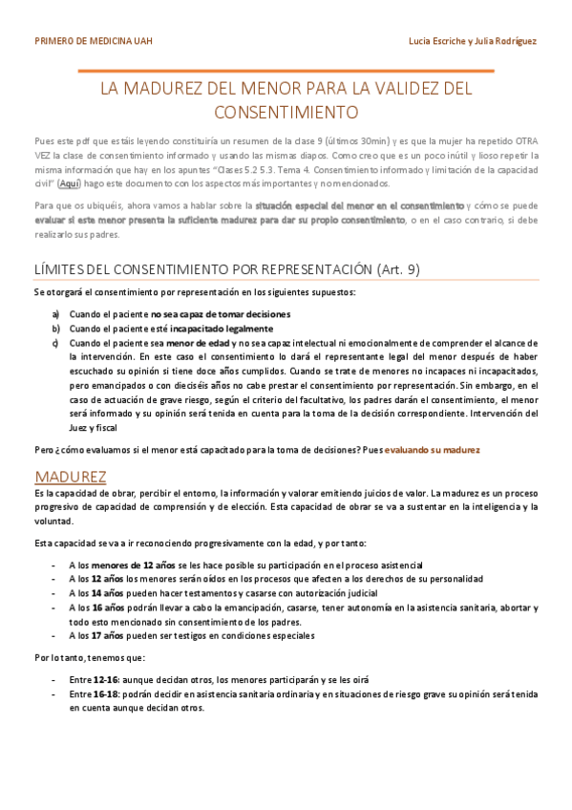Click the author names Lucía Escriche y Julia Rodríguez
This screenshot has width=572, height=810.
(472, 42)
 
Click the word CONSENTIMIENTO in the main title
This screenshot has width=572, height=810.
(286, 112)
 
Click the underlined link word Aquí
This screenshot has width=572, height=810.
(70, 182)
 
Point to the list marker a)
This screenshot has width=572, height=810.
(56, 314)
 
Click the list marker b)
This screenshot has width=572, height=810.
(56, 328)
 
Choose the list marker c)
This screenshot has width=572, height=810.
(56, 342)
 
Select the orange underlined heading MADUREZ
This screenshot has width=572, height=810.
(70, 476)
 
